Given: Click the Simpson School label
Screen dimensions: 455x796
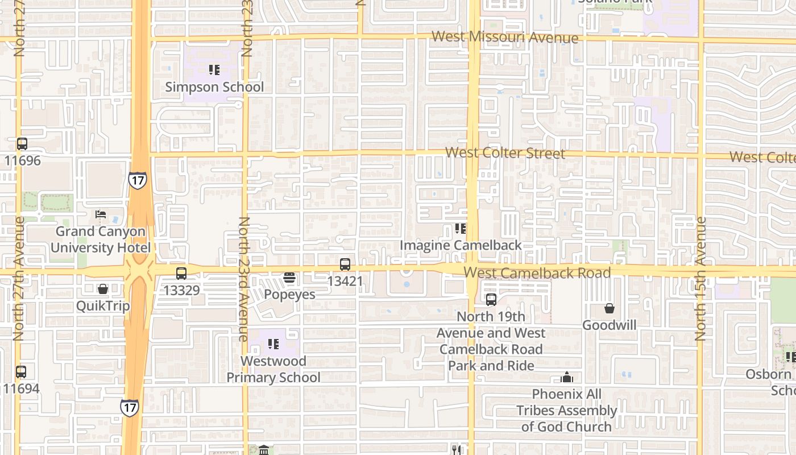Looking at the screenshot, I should (214, 87).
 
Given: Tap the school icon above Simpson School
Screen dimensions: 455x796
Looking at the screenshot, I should (214, 70).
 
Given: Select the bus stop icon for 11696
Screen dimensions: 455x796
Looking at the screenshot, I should (22, 144).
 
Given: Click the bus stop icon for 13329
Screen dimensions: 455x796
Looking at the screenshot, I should (181, 274).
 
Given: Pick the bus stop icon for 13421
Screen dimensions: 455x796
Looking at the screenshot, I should (345, 264).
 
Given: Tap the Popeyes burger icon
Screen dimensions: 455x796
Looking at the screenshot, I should (289, 278).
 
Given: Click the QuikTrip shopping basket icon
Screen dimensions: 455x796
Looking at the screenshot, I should (103, 289).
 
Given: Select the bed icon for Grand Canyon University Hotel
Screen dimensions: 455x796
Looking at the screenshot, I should (101, 214).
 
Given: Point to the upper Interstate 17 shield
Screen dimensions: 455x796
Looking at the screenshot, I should (137, 180).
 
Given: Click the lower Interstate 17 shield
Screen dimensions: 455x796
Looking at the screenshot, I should (129, 407).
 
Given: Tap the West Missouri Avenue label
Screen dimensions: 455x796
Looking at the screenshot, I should (505, 38).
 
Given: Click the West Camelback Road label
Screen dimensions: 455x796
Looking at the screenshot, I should (537, 272).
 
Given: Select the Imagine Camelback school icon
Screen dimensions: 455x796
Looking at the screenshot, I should (461, 229).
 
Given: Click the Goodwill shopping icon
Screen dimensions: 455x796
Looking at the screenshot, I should (610, 309).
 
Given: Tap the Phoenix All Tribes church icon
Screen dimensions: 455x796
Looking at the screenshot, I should (566, 377).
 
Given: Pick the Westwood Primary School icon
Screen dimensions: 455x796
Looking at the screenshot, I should (273, 344).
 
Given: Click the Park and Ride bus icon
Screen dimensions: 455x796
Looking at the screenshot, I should (491, 300).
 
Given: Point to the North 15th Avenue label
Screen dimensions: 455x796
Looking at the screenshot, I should (700, 279).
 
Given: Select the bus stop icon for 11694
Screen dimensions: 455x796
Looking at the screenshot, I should (21, 372).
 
